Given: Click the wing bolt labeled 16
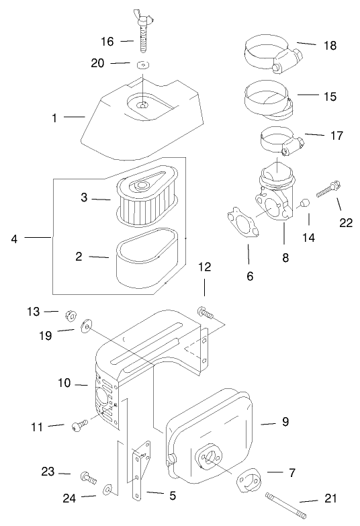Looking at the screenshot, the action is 144,32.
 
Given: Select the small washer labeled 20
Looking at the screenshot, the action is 143,64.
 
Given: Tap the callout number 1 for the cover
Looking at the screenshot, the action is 54,118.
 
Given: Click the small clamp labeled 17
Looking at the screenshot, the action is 283,141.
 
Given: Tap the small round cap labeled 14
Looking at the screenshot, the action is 304,204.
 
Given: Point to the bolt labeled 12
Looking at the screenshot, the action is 206,312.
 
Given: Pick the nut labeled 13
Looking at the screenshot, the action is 71,315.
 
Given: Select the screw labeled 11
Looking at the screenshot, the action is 79,425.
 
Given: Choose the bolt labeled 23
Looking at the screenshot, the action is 89,478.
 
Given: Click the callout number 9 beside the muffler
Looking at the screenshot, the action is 285,421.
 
